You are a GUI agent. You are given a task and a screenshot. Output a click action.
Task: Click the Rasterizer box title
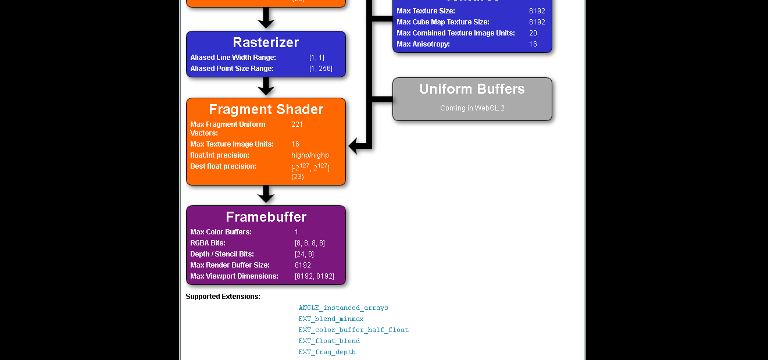point(266,42)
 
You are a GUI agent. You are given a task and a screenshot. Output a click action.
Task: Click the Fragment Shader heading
point(266,109)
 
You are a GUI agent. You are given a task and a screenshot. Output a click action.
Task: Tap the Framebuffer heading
point(266,217)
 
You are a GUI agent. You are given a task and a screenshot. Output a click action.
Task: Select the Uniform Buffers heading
point(472,89)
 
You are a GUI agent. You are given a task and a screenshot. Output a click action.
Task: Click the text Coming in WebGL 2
point(472,108)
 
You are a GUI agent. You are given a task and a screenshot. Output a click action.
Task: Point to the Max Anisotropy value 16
point(533,44)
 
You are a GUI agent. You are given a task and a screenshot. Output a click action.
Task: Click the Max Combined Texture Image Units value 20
point(533,33)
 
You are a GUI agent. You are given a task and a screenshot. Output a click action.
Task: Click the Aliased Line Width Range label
point(233,58)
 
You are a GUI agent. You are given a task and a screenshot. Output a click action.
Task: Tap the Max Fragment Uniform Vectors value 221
point(297,124)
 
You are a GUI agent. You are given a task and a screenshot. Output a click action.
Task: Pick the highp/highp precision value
point(310,155)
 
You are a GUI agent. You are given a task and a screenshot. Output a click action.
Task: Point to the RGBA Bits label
point(208,243)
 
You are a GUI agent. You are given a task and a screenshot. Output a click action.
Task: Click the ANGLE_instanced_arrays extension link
point(343,308)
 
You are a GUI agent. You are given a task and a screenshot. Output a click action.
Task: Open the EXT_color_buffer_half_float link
point(353,330)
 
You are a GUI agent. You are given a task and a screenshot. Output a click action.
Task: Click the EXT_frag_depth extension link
point(327,352)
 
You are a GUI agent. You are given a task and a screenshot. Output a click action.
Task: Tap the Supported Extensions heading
point(223,297)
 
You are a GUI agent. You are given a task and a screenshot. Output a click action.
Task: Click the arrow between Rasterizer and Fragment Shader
point(266,87)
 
